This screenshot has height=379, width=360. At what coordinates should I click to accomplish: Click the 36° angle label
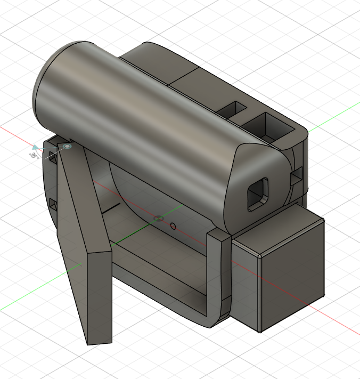click(x=33, y=155)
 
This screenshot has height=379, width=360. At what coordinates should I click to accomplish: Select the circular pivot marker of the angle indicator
click(x=68, y=146)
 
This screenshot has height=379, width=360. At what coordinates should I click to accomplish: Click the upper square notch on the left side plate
click(x=52, y=156)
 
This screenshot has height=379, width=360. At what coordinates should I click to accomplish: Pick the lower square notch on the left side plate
click(x=53, y=204)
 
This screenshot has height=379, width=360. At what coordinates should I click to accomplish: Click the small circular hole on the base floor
click(x=173, y=226)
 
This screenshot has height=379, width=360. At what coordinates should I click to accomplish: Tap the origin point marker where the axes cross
click(x=158, y=219)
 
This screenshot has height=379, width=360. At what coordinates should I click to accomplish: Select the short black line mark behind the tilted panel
click(x=111, y=208)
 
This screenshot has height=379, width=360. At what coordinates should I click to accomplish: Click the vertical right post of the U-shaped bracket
click(x=220, y=272)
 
